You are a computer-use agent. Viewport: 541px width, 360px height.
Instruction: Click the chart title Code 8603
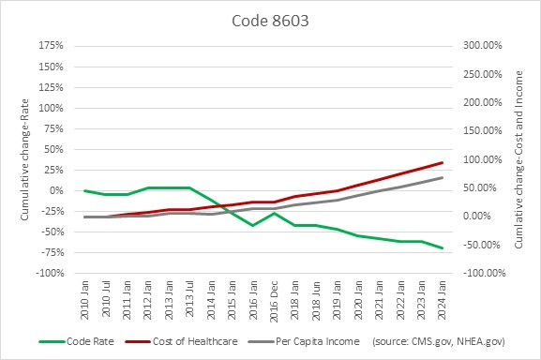click(269, 20)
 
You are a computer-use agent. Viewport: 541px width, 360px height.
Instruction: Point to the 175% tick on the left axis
click(51, 45)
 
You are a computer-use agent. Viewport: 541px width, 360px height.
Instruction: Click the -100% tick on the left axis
click(49, 273)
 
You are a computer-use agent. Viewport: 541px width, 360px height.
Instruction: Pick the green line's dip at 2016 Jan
click(251, 225)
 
